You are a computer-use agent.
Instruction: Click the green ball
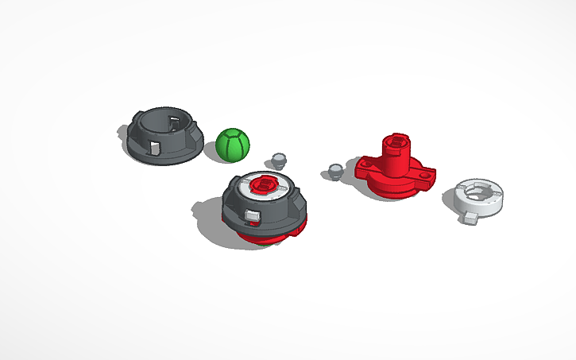(232, 145)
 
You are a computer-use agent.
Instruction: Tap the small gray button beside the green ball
(279, 160)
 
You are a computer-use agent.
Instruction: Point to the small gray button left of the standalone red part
(335, 170)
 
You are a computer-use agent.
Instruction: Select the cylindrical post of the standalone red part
(392, 151)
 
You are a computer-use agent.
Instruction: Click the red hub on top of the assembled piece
(263, 185)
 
